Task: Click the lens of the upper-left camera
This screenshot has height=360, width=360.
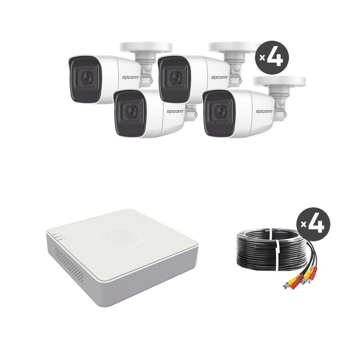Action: click(x=87, y=78)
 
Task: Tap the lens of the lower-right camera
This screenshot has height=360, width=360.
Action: click(x=221, y=112)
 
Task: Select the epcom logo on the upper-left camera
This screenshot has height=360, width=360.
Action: click(x=131, y=78)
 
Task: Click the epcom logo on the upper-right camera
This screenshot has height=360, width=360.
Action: click(x=220, y=78)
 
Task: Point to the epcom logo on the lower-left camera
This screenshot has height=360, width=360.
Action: click(x=175, y=112)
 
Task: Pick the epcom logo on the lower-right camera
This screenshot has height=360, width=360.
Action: click(x=265, y=112)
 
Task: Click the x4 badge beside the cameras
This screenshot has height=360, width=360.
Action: click(x=272, y=58)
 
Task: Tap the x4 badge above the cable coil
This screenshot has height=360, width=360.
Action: click(x=314, y=224)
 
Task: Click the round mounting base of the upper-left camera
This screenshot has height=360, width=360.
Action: click(x=145, y=48)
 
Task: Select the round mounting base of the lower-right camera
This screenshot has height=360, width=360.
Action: click(x=279, y=82)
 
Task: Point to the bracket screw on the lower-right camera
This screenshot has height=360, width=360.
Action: click(x=285, y=114)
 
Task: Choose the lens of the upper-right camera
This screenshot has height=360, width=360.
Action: click(x=176, y=78)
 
